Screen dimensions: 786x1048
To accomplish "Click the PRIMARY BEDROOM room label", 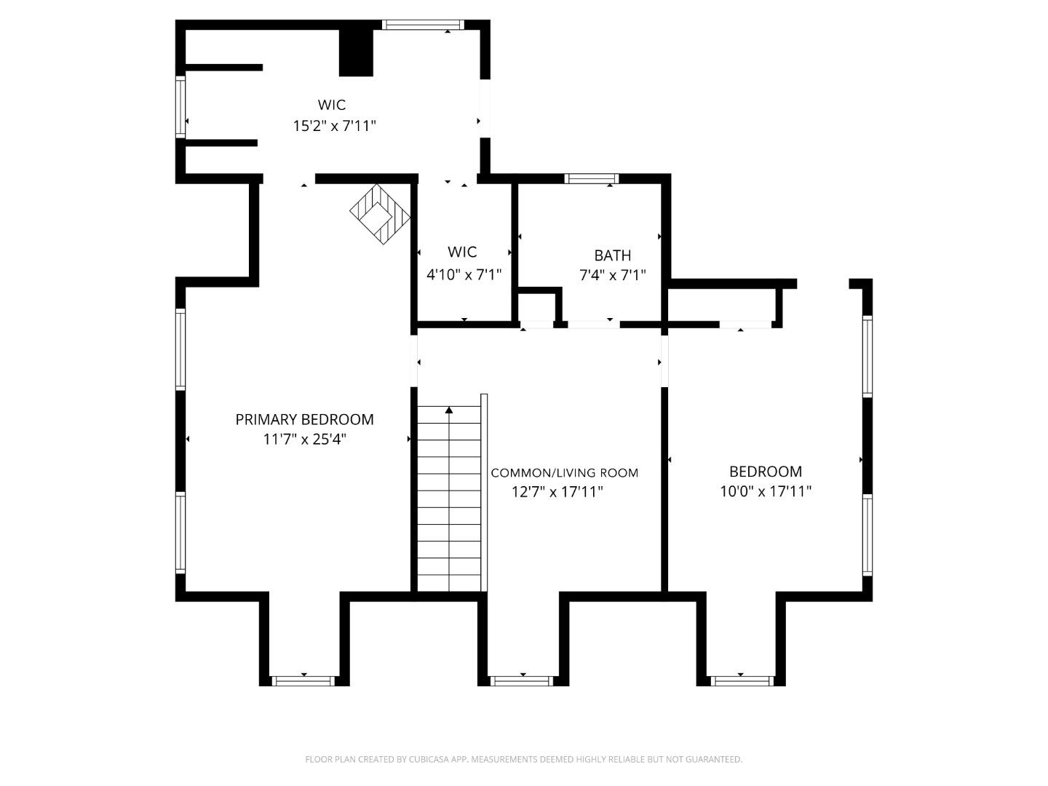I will (304, 419).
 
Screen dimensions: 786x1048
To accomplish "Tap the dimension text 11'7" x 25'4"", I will (304, 439).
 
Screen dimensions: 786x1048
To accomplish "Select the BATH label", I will (612, 255).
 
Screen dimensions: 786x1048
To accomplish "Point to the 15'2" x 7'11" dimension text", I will (334, 126).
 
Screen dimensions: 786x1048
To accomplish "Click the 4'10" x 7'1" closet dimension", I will (464, 274).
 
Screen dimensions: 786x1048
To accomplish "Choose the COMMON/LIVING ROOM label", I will (564, 473).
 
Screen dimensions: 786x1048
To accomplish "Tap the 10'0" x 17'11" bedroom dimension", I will (766, 491).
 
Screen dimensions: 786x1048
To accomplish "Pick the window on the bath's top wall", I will (592, 178).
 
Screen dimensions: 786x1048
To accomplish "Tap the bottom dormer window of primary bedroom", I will (303, 681).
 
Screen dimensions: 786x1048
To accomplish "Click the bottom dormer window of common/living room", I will (523, 681).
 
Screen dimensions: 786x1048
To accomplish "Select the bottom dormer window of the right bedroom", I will (741, 681).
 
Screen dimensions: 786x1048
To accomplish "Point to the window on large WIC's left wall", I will (180, 107).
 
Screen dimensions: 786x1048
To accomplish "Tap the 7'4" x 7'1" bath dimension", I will (612, 275).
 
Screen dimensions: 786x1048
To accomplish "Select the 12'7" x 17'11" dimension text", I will (557, 492).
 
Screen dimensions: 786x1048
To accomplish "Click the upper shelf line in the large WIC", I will (223, 68).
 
